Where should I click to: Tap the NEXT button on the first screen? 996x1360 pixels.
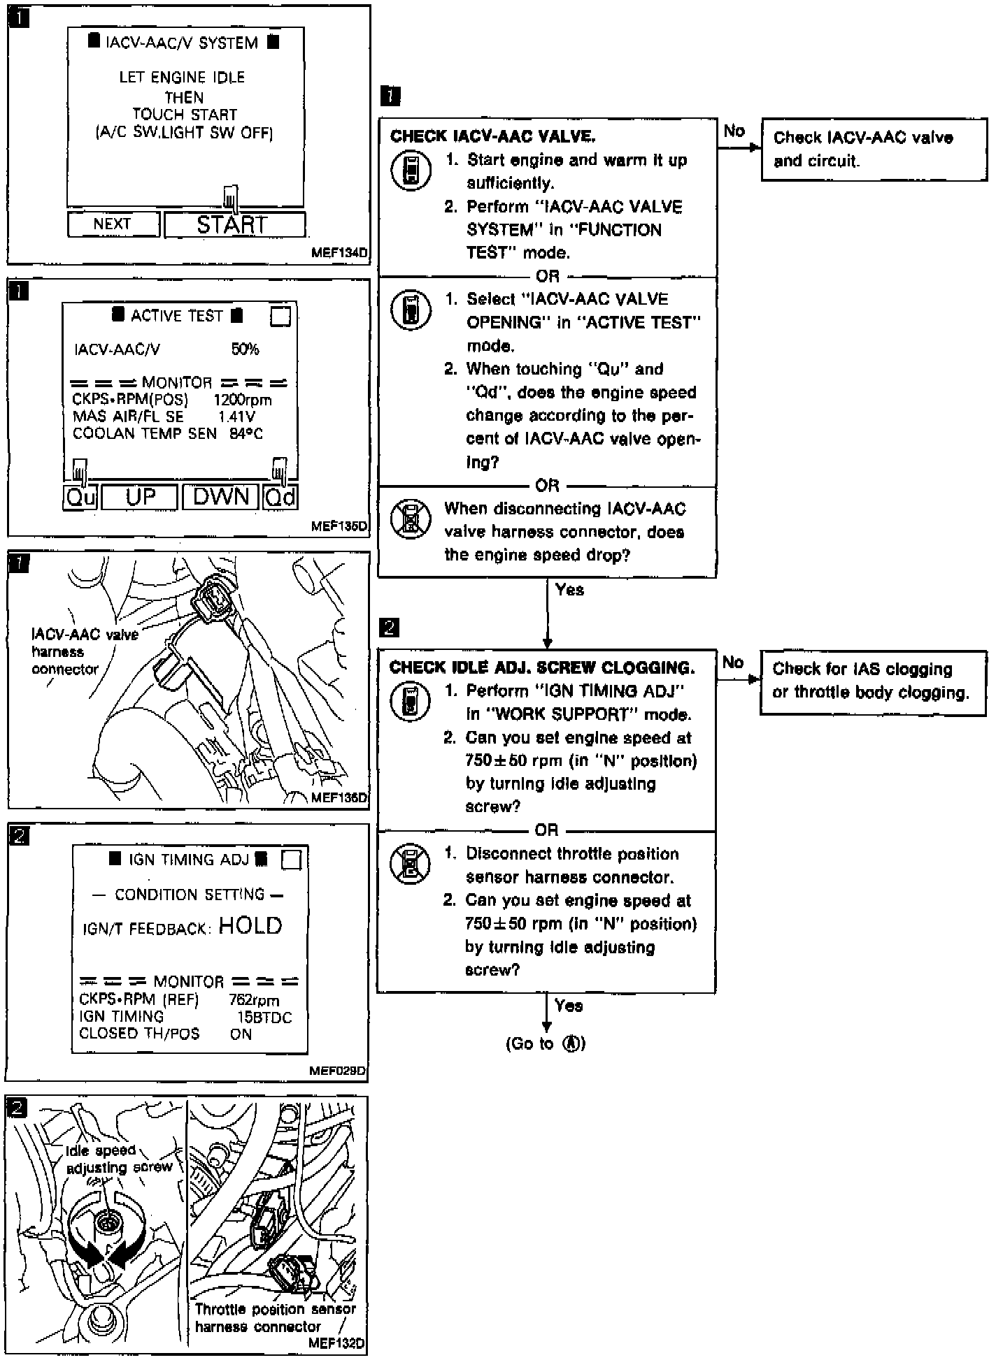[113, 224]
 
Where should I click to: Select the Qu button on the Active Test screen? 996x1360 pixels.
[80, 498]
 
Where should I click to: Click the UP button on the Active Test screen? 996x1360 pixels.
[141, 497]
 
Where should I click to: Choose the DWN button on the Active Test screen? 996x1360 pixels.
[221, 497]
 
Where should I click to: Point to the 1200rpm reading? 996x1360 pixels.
[243, 400]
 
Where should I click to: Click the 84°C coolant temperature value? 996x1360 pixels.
[246, 434]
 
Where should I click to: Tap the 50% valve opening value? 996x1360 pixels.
[245, 349]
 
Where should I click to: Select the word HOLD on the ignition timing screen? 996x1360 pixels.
[250, 926]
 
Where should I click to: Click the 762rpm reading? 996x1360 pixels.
[254, 1001]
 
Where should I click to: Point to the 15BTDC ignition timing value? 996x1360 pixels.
[264, 1018]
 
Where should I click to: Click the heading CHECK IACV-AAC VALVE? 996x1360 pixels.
[492, 136]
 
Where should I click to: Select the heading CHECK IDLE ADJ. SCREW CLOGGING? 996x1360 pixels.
[542, 667]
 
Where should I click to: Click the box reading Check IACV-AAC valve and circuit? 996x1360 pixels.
[874, 150]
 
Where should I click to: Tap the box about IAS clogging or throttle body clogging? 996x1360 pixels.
[872, 681]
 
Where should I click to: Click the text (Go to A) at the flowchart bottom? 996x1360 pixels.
[546, 1044]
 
